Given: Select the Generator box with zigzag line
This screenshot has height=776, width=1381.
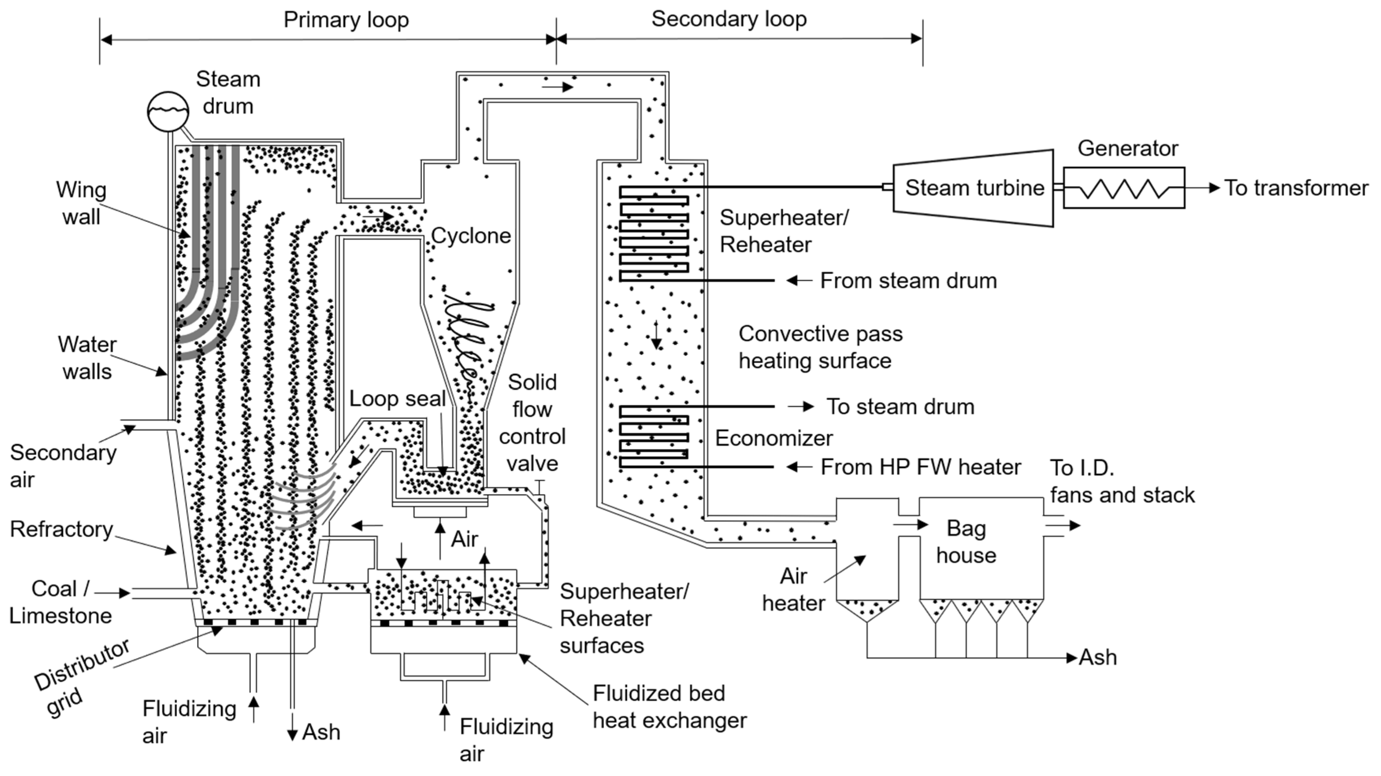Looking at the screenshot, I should [x=1124, y=188].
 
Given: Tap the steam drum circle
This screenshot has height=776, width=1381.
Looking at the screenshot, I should [x=168, y=111].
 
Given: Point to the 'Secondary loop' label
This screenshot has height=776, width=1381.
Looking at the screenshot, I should [x=729, y=19].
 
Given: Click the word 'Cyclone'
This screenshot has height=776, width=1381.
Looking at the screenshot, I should [x=471, y=236].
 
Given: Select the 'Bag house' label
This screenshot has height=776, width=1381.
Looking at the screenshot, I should [x=966, y=542].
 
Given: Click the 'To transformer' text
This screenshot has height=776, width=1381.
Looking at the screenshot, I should [x=1296, y=188].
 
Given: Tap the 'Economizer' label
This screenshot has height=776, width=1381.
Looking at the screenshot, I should [x=774, y=438].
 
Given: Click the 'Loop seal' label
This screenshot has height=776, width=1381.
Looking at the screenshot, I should [x=397, y=399].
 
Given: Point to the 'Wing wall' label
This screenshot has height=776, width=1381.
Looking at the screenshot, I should [x=82, y=203].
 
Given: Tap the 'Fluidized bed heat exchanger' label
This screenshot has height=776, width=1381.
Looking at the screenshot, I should [x=669, y=707].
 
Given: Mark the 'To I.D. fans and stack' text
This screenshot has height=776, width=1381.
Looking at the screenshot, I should [x=1122, y=481].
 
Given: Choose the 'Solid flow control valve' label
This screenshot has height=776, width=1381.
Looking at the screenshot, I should [x=532, y=423].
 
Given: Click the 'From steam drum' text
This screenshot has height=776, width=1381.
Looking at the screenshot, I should [x=908, y=281].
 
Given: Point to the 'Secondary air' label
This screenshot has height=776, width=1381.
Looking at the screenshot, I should [x=62, y=466].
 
